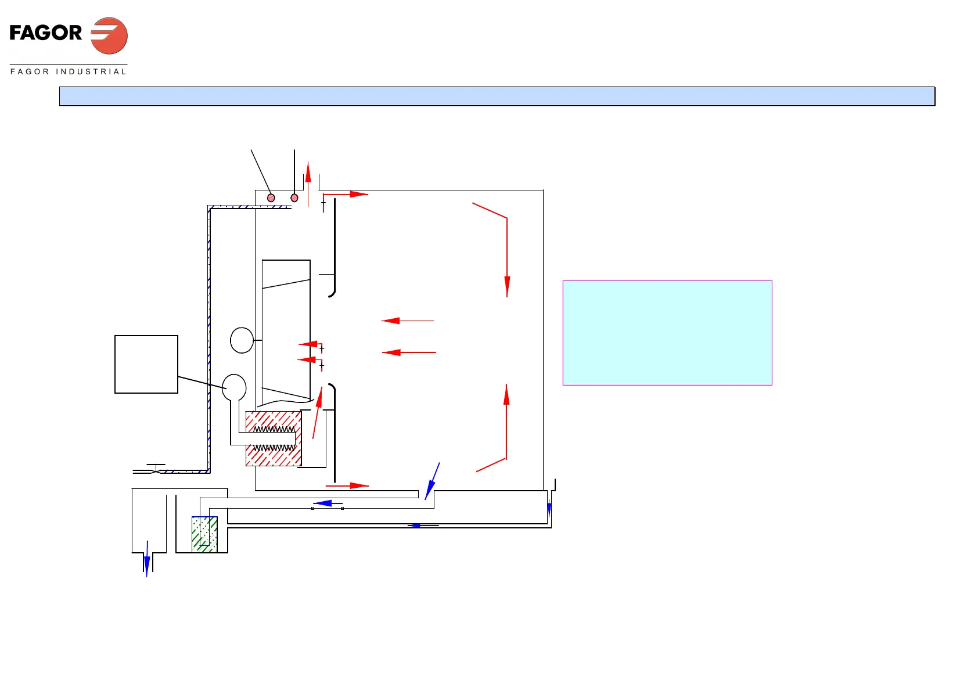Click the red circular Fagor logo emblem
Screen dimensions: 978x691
[x=109, y=35]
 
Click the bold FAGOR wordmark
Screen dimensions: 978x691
[x=46, y=33]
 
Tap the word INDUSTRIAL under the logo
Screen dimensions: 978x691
[x=91, y=71]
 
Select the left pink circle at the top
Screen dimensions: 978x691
[x=271, y=198]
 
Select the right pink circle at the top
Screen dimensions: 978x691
[x=294, y=198]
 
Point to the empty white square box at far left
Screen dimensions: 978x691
[x=146, y=364]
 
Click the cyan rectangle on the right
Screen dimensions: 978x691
[x=667, y=333]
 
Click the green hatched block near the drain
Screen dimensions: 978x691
[x=204, y=534]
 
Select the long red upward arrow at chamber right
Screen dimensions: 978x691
[x=506, y=421]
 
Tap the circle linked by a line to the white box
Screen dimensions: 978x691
[x=234, y=387]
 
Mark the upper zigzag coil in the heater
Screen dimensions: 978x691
[x=274, y=430]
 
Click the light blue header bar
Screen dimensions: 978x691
[x=497, y=96]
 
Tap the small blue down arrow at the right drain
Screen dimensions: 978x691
[x=549, y=509]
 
